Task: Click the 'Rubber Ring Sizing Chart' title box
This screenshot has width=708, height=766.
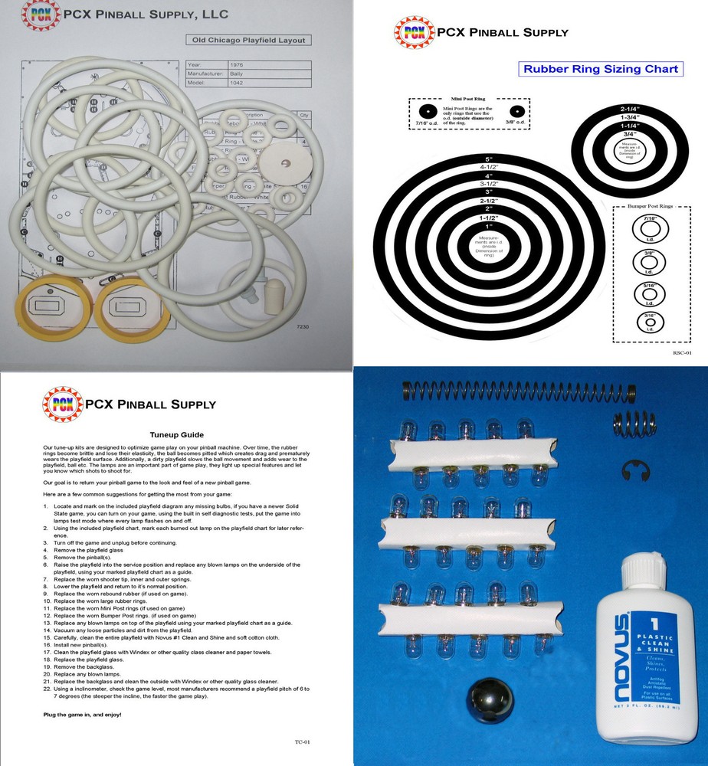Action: point(600,69)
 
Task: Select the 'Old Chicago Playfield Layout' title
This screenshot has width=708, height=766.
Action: point(249,40)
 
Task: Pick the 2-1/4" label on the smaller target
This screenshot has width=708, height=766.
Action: point(630,109)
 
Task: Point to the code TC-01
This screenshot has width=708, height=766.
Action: point(302,741)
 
